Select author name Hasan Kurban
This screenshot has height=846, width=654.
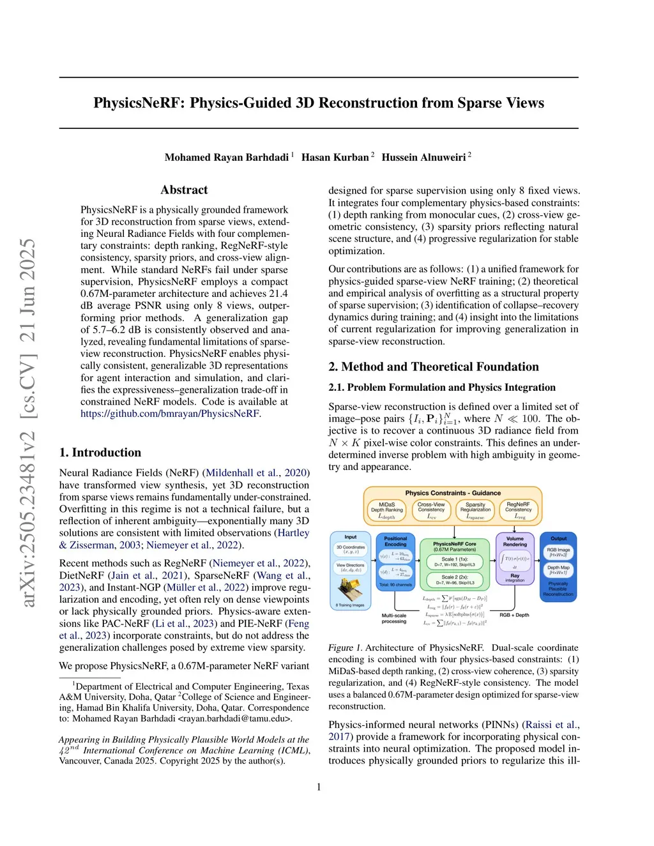click(x=335, y=158)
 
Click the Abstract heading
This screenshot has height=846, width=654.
click(x=184, y=190)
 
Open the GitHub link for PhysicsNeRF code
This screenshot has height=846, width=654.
click(x=170, y=414)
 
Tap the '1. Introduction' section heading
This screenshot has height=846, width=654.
click(x=100, y=453)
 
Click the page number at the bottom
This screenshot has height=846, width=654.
click(x=319, y=787)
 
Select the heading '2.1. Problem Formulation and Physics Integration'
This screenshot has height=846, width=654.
click(x=442, y=388)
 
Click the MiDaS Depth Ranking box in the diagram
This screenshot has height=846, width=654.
click(x=387, y=510)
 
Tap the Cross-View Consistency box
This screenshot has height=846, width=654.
click(x=431, y=510)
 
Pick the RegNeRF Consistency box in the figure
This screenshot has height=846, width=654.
click(x=518, y=510)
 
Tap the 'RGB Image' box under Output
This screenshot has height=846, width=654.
click(x=558, y=552)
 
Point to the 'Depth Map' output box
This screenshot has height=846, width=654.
click(x=558, y=570)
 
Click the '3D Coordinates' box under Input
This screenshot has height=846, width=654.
click(x=351, y=549)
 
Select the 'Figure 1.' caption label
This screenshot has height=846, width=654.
click(x=345, y=648)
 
